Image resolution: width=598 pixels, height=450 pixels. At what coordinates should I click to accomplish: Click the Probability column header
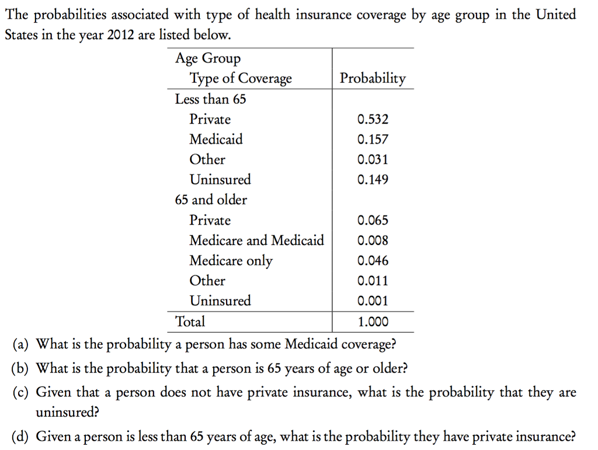pyautogui.click(x=373, y=79)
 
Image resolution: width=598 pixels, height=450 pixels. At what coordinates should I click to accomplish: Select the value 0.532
pyautogui.click(x=373, y=120)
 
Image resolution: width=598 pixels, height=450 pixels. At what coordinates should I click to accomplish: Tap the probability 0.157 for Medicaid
pyautogui.click(x=373, y=139)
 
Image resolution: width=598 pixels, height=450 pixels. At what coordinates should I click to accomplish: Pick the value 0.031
pyautogui.click(x=373, y=160)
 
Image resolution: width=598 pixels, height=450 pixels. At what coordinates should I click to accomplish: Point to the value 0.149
pyautogui.click(x=373, y=180)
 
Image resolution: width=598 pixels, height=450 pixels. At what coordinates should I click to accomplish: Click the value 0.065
pyautogui.click(x=373, y=221)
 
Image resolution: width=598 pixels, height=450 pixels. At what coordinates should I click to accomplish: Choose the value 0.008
pyautogui.click(x=373, y=240)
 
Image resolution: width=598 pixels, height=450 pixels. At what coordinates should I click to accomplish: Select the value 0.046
pyautogui.click(x=373, y=261)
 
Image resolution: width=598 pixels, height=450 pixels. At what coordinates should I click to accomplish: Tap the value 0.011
pyautogui.click(x=373, y=281)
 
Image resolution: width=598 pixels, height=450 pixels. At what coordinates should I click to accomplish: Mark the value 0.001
pyautogui.click(x=373, y=301)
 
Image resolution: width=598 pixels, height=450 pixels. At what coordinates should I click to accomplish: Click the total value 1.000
pyautogui.click(x=373, y=322)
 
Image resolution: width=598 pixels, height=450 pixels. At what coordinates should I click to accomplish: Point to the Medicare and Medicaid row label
pyautogui.click(x=256, y=240)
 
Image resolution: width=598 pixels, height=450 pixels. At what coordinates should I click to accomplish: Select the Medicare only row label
pyautogui.click(x=231, y=261)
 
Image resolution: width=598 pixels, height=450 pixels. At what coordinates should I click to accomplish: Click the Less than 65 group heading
pyautogui.click(x=210, y=99)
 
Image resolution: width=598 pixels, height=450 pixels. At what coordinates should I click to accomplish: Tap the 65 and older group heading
pyautogui.click(x=211, y=200)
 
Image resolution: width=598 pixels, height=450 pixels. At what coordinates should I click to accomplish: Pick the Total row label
pyautogui.click(x=190, y=322)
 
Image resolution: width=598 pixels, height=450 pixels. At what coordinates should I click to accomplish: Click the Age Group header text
pyautogui.click(x=208, y=58)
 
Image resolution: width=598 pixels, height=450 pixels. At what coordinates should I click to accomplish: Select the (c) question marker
pyautogui.click(x=21, y=393)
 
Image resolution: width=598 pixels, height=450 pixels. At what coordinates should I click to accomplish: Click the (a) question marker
pyautogui.click(x=21, y=344)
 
